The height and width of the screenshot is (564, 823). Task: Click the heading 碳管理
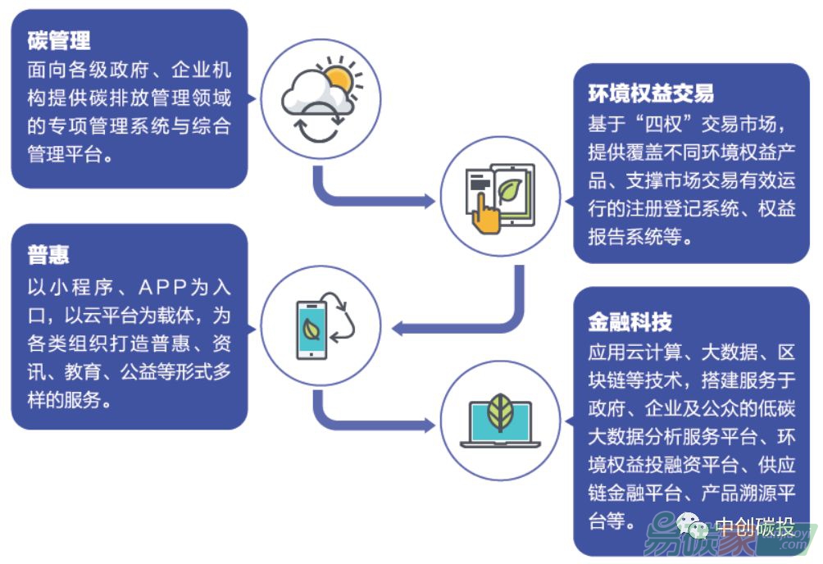tap(58, 39)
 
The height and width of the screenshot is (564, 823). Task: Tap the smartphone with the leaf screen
tap(311, 329)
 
